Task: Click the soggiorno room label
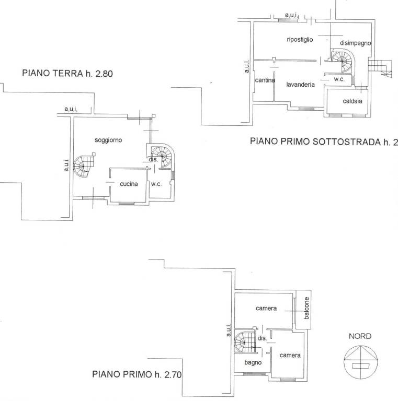pos(108,140)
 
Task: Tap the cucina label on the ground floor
pos(129,184)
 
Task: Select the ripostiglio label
pos(300,40)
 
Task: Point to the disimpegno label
pos(356,43)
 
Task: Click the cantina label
pos(265,80)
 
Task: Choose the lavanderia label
pos(300,85)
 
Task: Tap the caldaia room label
pos(352,101)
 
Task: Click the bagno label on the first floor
pos(253,362)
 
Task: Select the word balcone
pos(306,308)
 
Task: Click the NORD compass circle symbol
pos(361,362)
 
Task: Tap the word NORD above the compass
pos(360,336)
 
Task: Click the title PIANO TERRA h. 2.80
pos(67,74)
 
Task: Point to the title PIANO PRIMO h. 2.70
pos(137,374)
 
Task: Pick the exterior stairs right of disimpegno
pos(380,68)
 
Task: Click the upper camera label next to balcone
pos(266,308)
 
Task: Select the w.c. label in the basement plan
pos(339,79)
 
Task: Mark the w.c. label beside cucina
pos(156,184)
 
